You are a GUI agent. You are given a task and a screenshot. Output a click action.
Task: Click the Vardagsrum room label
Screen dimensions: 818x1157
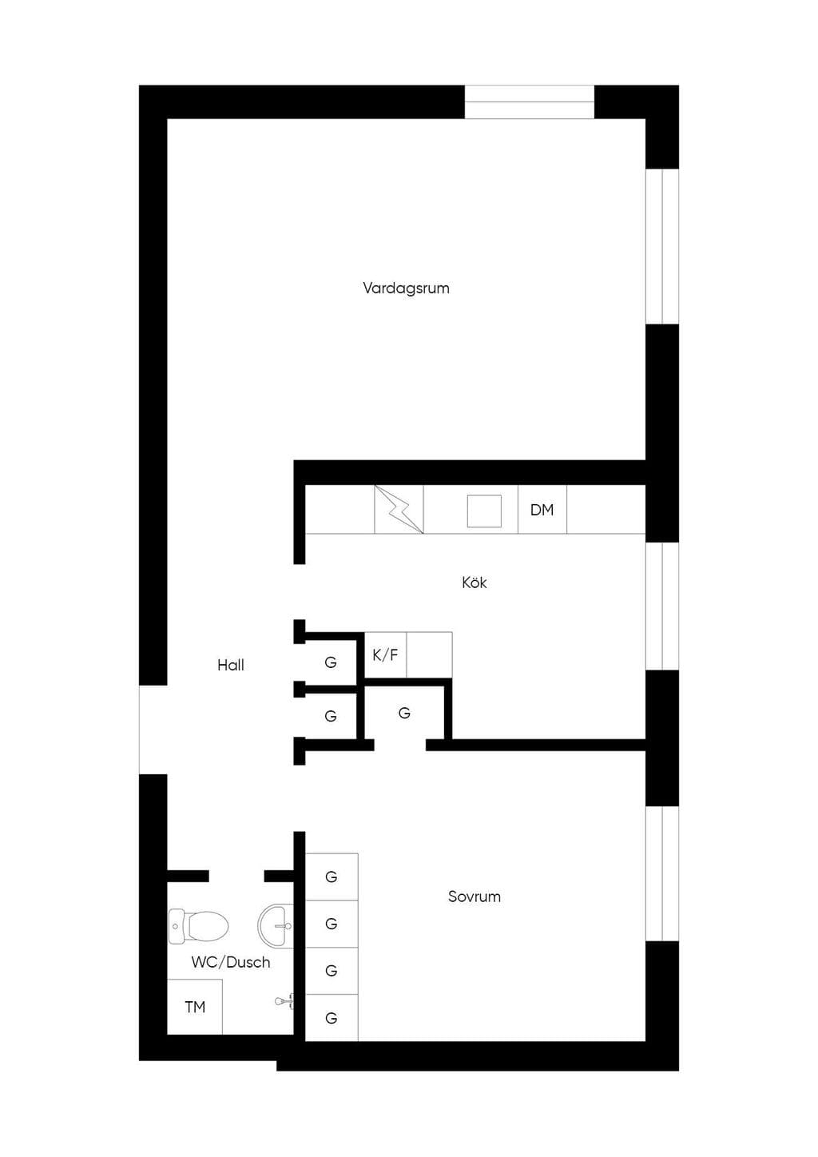pyautogui.click(x=406, y=288)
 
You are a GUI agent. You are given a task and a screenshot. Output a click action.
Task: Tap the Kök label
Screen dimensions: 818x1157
pyautogui.click(x=474, y=582)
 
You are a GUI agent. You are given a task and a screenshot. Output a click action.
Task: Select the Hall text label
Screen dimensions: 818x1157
pyautogui.click(x=231, y=665)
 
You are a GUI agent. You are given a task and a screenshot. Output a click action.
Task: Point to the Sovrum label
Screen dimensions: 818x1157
pyautogui.click(x=474, y=897)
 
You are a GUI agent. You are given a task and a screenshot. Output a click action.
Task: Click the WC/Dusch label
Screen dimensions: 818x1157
pyautogui.click(x=231, y=962)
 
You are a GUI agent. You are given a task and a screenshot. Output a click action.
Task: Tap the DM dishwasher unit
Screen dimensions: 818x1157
pyautogui.click(x=542, y=509)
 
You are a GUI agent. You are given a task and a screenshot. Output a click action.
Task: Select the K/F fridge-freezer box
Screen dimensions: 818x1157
pyautogui.click(x=385, y=654)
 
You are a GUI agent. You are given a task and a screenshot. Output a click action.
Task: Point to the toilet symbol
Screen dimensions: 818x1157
pyautogui.click(x=198, y=925)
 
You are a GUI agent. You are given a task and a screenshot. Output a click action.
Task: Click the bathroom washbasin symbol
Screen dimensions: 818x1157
pyautogui.click(x=276, y=926)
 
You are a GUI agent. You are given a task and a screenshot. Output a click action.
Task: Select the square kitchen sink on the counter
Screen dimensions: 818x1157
pyautogui.click(x=484, y=511)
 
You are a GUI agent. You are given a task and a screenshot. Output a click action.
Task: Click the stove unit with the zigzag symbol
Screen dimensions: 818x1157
pyautogui.click(x=399, y=509)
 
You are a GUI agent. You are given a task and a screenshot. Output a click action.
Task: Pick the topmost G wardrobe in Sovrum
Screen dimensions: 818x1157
pyautogui.click(x=332, y=877)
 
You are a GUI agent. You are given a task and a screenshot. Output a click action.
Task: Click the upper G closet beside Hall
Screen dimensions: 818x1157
pyautogui.click(x=331, y=662)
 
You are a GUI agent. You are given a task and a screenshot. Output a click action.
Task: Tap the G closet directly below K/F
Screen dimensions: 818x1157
pyautogui.click(x=404, y=714)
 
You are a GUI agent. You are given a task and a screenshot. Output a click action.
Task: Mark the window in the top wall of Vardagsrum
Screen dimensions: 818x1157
pyautogui.click(x=530, y=101)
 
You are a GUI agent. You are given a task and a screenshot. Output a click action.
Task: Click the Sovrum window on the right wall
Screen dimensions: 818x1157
pyautogui.click(x=662, y=873)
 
